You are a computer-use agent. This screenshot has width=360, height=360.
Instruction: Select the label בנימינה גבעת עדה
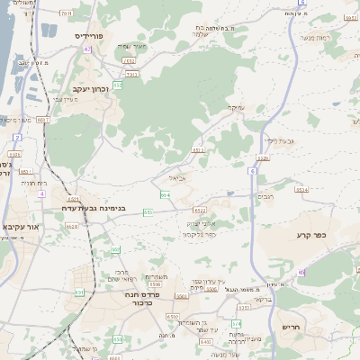point(103,208)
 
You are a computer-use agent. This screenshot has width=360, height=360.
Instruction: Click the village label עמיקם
point(235,108)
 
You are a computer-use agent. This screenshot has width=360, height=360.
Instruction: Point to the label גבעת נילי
point(282,139)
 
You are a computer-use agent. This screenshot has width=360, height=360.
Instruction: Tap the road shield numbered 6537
point(43,118)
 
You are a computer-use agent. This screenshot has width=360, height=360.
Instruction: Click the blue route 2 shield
point(18,137)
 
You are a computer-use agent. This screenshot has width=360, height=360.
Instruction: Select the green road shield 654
point(165,194)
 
